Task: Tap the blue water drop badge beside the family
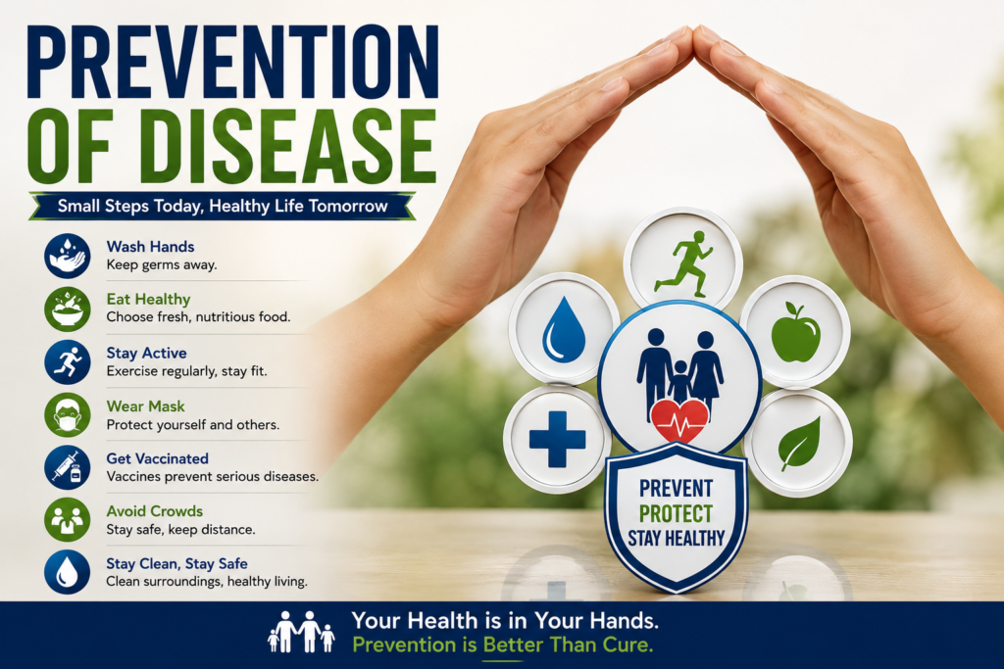click(x=564, y=329)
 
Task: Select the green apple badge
click(x=795, y=332)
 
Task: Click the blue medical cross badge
click(x=557, y=439)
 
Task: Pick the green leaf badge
click(x=798, y=443)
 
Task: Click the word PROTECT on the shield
click(x=676, y=513)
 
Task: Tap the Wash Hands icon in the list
click(x=68, y=256)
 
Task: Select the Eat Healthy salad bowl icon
click(x=68, y=309)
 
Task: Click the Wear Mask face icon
click(x=68, y=415)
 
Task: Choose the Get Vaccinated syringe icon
click(x=68, y=467)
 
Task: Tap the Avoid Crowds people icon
click(x=68, y=520)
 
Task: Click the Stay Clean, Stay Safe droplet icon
click(x=68, y=572)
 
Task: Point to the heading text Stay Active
click(x=147, y=353)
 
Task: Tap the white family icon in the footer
click(x=301, y=632)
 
